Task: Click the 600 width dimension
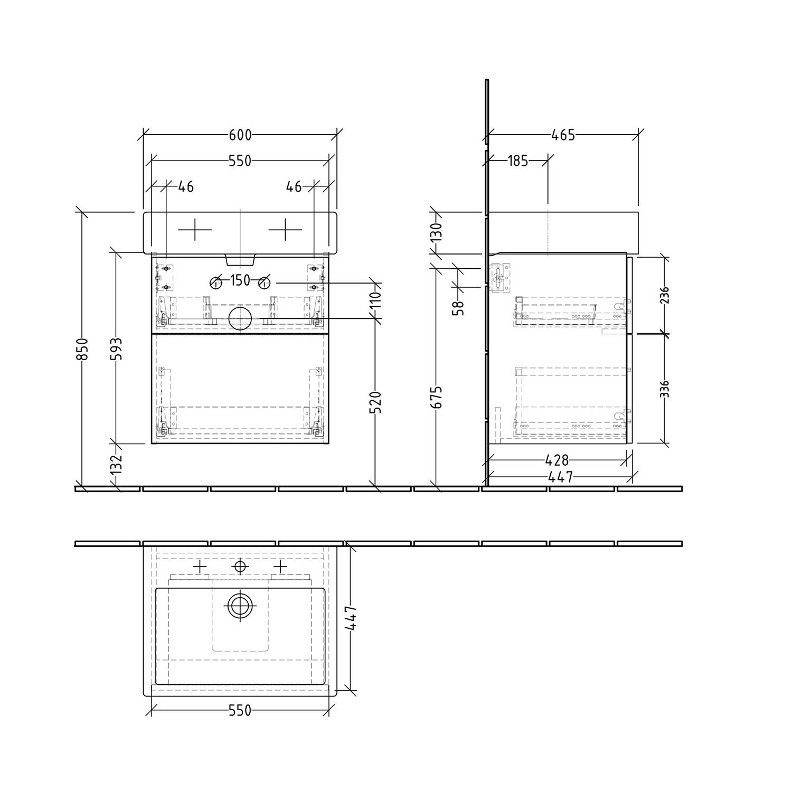click(x=240, y=135)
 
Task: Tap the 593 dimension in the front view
click(x=116, y=349)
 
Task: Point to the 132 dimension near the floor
click(x=116, y=463)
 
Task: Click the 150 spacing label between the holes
click(x=240, y=280)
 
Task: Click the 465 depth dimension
click(x=563, y=135)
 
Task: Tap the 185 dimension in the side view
click(x=517, y=161)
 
